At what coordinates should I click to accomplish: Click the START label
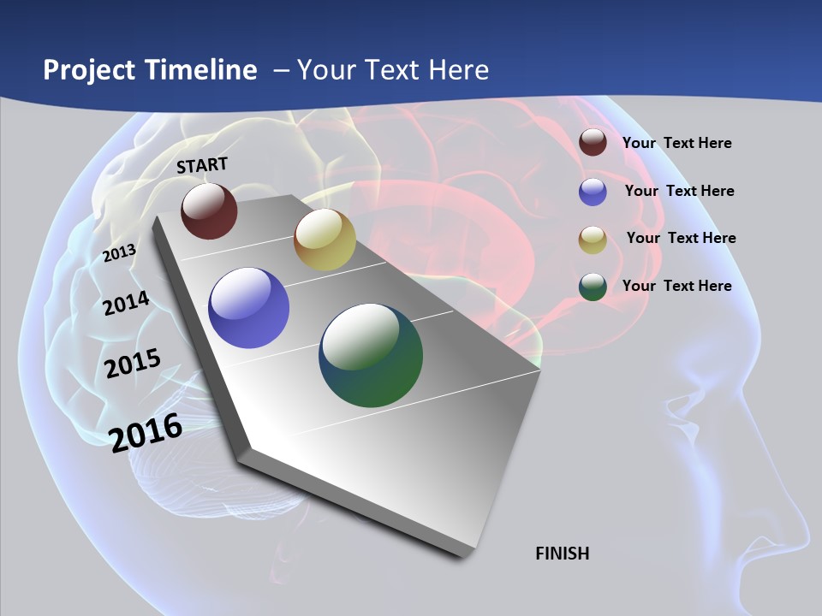202,165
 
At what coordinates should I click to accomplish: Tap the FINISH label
563,554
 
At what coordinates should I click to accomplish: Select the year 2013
120,252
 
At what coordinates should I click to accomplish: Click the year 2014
127,303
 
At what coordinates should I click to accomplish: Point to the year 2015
133,364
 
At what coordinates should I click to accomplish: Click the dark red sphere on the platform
209,210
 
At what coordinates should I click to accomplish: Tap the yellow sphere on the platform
325,240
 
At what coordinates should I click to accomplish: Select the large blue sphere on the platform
249,308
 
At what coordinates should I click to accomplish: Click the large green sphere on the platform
371,355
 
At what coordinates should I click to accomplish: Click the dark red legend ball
593,142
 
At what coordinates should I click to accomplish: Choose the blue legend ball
593,192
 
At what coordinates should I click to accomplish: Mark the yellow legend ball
593,240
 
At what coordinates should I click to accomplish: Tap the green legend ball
593,287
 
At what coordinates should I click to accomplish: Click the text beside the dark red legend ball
676,143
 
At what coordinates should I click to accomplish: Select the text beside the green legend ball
676,286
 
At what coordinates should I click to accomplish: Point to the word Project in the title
90,70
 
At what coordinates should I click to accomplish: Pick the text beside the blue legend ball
679,191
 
